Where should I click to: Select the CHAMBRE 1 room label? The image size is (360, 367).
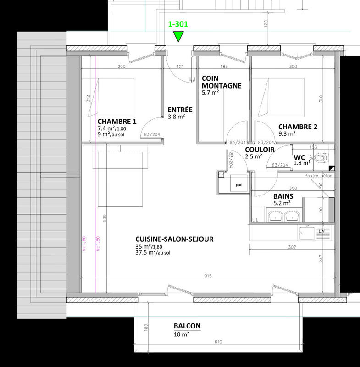pos(117,122)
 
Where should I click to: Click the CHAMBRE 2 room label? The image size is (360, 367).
pos(298,127)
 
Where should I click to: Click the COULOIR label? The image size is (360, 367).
pos(259,150)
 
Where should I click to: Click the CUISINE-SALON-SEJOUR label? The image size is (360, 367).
pos(174,239)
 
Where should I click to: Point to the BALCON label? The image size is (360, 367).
pos(187,326)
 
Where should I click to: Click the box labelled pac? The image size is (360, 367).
pos(238,185)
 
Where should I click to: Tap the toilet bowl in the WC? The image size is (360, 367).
pos(322,158)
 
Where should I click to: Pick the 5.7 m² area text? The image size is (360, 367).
pos(210,93)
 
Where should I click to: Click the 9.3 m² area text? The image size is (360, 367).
pos(287,134)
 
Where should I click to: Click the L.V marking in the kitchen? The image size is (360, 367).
pos(321,231)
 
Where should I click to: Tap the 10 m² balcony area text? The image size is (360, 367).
pos(181,334)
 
